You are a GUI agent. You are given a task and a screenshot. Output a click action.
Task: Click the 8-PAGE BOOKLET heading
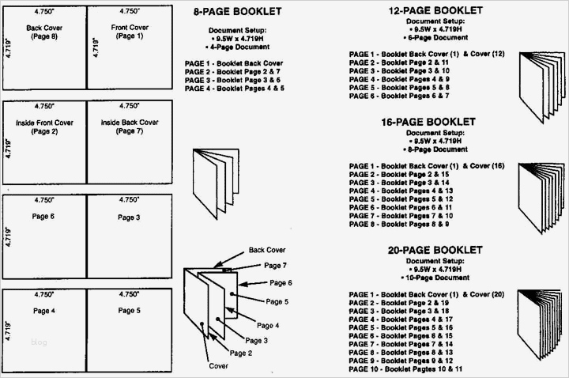click(234, 13)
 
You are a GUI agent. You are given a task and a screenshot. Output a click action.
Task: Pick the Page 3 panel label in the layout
click(129, 217)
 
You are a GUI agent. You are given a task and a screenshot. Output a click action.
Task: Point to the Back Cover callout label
click(267, 250)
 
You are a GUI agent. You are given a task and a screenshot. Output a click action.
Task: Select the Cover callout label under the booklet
click(218, 366)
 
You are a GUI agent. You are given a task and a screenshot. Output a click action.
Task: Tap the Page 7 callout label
click(276, 266)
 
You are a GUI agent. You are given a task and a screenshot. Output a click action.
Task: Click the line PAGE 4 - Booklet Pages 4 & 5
click(234, 88)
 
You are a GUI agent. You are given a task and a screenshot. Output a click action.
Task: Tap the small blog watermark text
click(39, 342)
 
